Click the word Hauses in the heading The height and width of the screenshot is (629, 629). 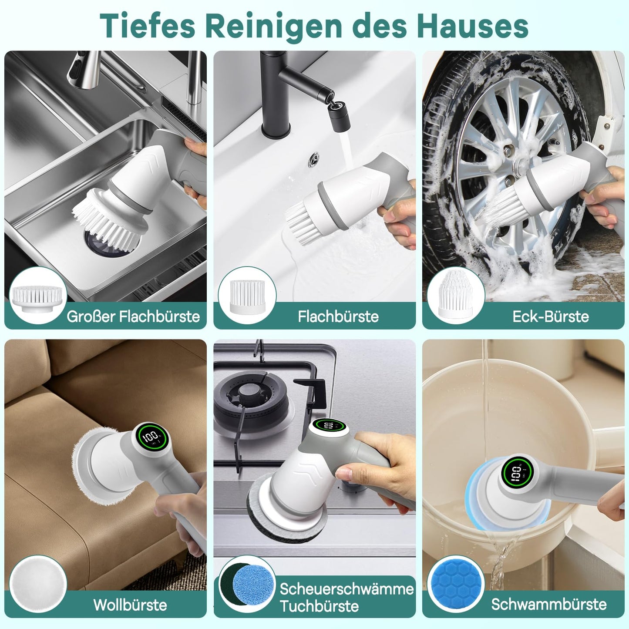[x=473, y=26]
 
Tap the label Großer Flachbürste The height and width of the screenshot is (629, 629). [x=133, y=316]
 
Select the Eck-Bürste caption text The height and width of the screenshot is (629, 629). [x=550, y=316]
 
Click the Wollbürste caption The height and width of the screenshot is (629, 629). [x=130, y=605]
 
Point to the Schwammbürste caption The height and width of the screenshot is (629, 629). [x=548, y=604]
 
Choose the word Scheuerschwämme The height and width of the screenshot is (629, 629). [x=346, y=589]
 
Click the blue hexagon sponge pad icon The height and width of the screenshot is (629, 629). [x=456, y=583]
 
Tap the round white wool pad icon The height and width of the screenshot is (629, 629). [x=38, y=583]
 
